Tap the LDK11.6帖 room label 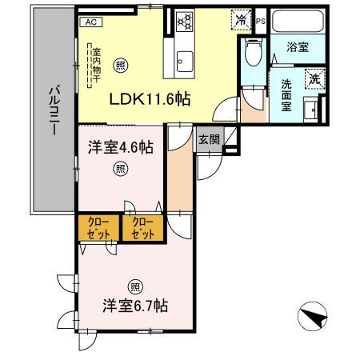coord(150,100)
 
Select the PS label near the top coord(259,22)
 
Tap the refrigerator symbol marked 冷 coord(241,20)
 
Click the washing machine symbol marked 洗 coord(314,78)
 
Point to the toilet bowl coord(252,54)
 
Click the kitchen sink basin coord(182,58)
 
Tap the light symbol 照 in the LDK coord(119,66)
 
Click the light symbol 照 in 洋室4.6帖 coord(119,168)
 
